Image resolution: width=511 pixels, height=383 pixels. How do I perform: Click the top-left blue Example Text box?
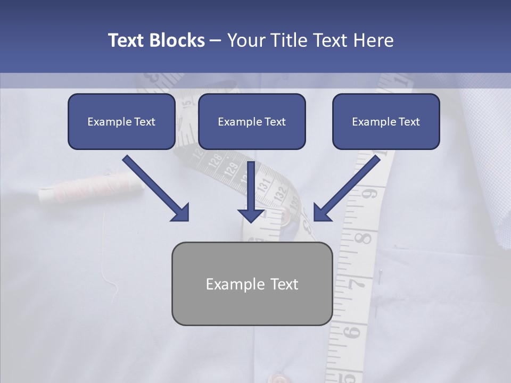click(121, 122)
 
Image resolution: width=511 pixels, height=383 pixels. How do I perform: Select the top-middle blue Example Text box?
click(252, 122)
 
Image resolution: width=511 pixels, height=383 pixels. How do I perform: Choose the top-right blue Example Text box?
click(386, 122)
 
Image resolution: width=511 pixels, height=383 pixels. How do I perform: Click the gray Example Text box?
click(252, 284)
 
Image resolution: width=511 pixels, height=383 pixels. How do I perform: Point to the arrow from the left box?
click(157, 189)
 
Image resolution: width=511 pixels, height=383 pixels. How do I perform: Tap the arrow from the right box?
click(346, 189)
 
